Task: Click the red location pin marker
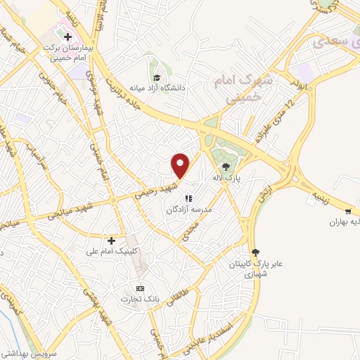[181, 165]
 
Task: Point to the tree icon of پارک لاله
[226, 167]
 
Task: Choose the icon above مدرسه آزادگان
[188, 198]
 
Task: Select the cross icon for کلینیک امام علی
[111, 240]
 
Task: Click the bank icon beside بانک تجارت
[140, 288]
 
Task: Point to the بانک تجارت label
[159, 299]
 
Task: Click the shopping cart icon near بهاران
[348, 211]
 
